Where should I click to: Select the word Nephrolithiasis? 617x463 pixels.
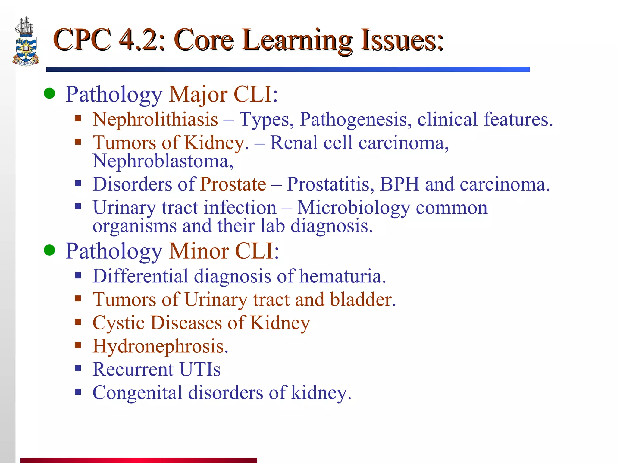155,119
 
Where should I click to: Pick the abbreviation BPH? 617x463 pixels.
399,184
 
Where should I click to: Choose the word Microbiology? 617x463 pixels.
353,208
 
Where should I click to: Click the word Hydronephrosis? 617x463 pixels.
160,346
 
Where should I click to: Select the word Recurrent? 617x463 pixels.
133,369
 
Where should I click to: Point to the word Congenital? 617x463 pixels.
137,393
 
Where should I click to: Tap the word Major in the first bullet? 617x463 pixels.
198,95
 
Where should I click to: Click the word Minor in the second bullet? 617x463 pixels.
199,251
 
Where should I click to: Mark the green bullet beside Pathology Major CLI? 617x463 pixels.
49,93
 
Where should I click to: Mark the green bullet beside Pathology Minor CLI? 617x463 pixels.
49,250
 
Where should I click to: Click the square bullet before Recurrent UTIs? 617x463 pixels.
78,368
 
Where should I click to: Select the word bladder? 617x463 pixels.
363,300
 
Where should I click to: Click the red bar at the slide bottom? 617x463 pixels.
139,460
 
